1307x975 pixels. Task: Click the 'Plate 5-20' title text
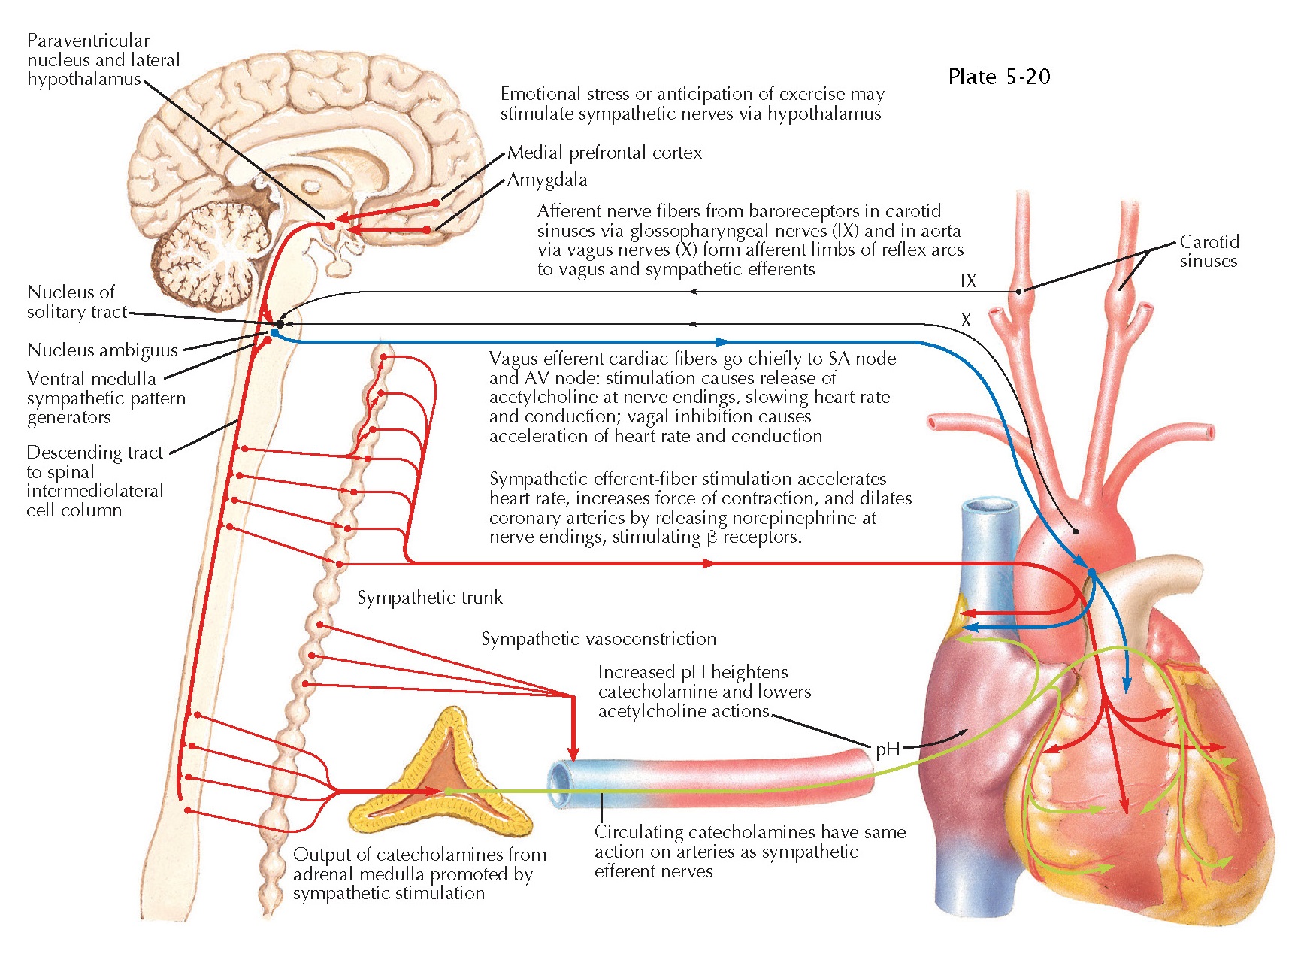tap(999, 77)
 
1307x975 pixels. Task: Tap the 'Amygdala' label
tap(547, 180)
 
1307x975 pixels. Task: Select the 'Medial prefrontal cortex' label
tap(604, 153)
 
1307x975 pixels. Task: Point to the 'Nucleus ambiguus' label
tap(103, 350)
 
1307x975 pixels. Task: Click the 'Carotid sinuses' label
tap(1209, 251)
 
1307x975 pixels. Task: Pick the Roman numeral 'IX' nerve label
tap(968, 281)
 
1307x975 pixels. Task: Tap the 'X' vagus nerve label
tap(966, 320)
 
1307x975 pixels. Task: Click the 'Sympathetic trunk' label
tap(430, 598)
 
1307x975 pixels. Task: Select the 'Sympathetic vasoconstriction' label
tap(598, 639)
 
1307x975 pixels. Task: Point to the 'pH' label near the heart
tap(887, 749)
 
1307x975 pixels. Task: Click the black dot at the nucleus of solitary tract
tap(280, 324)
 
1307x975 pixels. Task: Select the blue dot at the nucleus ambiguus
tap(274, 332)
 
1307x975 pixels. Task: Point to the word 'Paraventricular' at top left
tap(88, 41)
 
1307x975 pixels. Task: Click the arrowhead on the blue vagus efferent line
tap(722, 342)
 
